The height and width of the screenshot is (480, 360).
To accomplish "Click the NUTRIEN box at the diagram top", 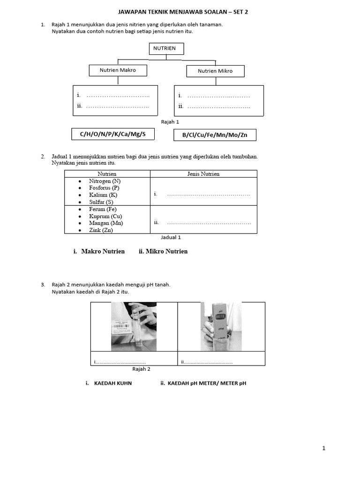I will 166,48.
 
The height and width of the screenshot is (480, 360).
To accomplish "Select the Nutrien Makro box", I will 118,70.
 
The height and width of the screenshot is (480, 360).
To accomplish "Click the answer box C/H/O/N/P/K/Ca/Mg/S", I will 112,135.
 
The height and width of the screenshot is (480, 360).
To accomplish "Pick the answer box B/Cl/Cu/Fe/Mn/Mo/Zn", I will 215,135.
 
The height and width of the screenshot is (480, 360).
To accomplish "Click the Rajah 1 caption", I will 170,122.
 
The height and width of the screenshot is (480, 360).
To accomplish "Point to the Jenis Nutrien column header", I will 203,174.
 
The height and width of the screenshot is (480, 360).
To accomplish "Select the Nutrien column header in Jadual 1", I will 107,174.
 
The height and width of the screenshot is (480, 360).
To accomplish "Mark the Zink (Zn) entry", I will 101,230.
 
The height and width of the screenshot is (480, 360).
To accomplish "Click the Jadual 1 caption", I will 171,238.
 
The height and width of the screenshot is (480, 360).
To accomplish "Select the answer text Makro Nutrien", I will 103,252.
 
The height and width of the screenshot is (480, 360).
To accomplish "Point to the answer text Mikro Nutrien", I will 166,252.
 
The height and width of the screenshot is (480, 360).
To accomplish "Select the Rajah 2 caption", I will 141,369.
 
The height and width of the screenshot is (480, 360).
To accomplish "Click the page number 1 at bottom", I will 323,449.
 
